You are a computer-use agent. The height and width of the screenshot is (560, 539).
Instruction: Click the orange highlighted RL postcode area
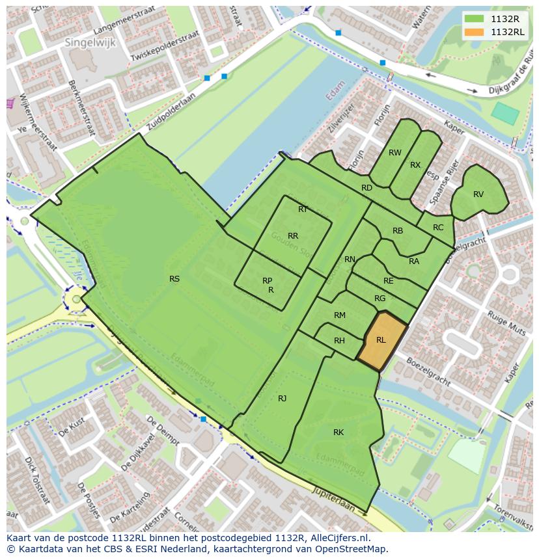pos(381,340)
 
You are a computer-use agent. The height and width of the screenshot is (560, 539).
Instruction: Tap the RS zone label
pos(174,279)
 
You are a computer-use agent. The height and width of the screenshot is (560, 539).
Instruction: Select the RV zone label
pos(478,194)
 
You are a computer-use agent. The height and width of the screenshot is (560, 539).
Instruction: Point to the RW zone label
pos(394,153)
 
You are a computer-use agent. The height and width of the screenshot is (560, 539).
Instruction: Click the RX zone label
pos(415,165)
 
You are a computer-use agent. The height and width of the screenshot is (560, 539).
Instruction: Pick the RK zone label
pos(339,433)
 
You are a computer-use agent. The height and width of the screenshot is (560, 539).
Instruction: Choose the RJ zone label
pos(282,399)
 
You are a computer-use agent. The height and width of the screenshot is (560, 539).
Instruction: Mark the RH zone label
pos(339,341)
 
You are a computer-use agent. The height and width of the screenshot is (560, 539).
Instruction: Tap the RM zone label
pos(339,315)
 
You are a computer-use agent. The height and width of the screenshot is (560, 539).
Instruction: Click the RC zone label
pos(438,228)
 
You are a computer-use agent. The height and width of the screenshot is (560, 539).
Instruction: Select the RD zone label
pos(366,188)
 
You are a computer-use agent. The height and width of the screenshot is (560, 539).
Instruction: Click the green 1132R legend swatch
pos(475,18)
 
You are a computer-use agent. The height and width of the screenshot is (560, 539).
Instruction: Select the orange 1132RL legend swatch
pos(475,32)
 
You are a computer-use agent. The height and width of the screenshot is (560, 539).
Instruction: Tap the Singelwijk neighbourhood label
pos(87,42)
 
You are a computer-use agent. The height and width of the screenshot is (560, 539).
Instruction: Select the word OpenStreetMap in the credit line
pos(352,549)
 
